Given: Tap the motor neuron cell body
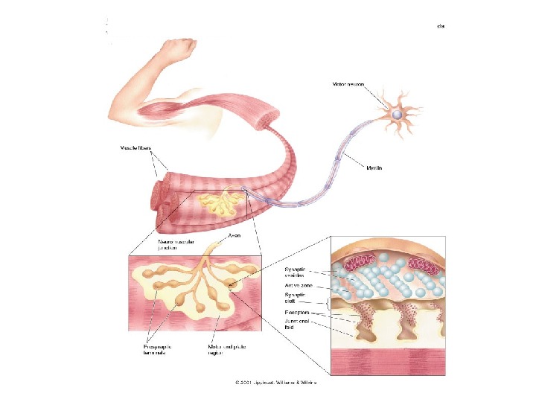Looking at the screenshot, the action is (397, 114).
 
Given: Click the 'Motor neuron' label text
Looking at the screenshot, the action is (349, 84).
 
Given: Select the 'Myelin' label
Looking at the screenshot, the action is (374, 168).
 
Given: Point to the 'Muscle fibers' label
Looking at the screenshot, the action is (137, 148).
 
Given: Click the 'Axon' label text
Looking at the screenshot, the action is (233, 236).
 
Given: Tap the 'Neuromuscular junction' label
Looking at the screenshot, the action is (173, 245).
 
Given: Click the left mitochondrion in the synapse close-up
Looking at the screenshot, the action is (360, 264).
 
